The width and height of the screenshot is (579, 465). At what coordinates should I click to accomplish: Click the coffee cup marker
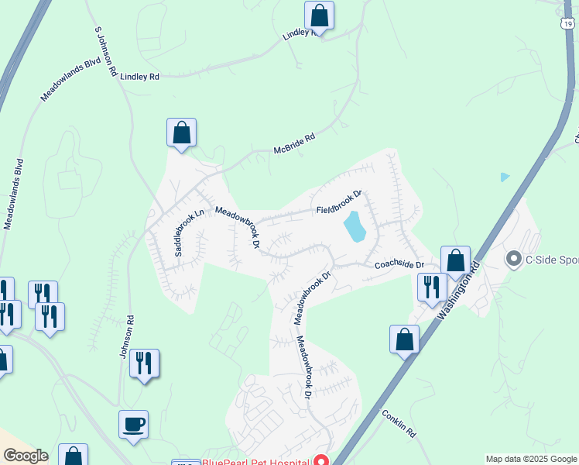133,425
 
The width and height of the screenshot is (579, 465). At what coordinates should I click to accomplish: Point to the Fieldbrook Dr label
339,205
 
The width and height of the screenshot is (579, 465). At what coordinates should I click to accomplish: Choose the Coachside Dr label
399,265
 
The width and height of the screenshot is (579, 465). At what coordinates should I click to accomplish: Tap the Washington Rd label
458,291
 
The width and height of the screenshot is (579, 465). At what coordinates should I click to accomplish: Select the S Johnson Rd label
105,53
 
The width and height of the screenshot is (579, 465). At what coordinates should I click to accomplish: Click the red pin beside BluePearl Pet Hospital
320,460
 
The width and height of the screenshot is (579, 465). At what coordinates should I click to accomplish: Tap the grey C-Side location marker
513,260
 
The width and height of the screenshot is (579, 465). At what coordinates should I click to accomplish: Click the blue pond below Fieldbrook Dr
355,226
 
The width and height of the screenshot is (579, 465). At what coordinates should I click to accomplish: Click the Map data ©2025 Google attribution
531,459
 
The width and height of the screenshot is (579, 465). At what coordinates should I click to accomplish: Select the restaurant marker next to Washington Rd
431,287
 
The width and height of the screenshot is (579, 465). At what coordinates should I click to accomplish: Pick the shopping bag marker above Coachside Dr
455,260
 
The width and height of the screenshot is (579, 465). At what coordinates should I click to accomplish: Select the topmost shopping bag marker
319,15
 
